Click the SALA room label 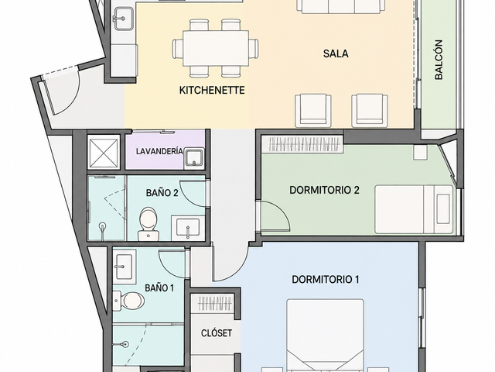(336, 53)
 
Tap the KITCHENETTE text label (212, 90)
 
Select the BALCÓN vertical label (439, 60)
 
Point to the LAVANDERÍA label (159, 151)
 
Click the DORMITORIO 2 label (324, 190)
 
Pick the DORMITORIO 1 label (326, 279)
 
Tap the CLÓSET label (217, 332)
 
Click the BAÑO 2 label (162, 193)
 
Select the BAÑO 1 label (159, 288)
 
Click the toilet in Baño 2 (148, 224)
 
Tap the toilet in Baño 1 (128, 300)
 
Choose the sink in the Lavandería (194, 157)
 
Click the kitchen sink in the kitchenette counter (123, 19)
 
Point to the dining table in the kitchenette (216, 48)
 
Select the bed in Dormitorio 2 (415, 209)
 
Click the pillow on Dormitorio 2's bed (443, 209)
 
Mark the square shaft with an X (103, 152)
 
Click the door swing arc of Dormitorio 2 (279, 212)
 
